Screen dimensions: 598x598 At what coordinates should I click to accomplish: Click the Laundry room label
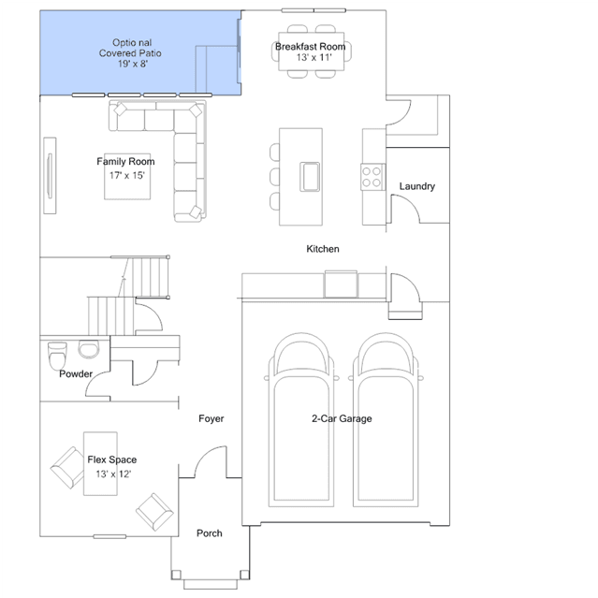pos(416,186)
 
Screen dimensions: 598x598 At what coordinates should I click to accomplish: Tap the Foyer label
pos(211,418)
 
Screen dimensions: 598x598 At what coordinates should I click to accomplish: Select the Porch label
pos(210,532)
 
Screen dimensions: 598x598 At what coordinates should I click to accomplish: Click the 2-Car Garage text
pos(342,418)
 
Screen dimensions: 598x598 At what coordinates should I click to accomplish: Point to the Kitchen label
pos(323,249)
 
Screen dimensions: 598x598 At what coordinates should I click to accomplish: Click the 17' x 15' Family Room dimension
pos(127,175)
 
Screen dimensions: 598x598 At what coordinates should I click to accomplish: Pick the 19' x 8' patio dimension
pos(133,64)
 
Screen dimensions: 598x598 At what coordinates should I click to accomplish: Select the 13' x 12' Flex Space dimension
pos(113,474)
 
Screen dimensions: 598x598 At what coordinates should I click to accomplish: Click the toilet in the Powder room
pos(57,356)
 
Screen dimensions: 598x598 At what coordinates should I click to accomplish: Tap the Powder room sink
pos(89,349)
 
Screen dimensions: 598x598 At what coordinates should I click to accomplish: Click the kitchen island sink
pos(310,177)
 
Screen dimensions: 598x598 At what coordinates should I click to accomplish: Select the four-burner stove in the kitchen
pos(372,177)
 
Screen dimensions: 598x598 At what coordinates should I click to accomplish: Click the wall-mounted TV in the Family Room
pos(50,175)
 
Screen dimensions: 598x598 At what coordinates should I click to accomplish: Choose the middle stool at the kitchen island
pos(274,177)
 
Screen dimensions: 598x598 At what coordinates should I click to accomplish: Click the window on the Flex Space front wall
pos(109,536)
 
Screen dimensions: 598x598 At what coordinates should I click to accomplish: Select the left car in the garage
pos(301,419)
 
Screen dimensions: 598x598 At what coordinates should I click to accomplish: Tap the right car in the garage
pos(386,419)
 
